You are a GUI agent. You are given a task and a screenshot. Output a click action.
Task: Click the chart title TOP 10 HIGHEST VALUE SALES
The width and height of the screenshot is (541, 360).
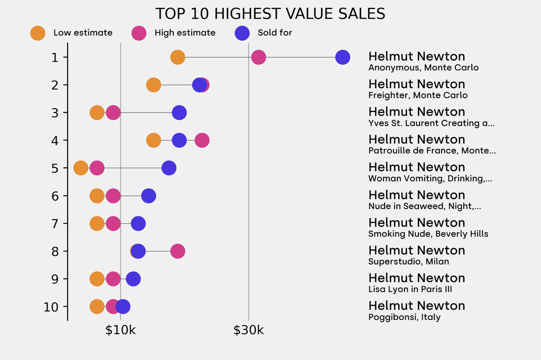tap(270, 14)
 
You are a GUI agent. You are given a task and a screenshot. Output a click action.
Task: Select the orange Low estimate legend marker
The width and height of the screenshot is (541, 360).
tap(38, 33)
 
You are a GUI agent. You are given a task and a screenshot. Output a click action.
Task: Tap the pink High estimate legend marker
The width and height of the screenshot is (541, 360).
tap(139, 33)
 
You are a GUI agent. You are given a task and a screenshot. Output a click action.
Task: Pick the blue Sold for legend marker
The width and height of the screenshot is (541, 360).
tap(241, 33)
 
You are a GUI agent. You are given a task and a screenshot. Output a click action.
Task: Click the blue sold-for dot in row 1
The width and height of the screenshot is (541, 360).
tap(342, 57)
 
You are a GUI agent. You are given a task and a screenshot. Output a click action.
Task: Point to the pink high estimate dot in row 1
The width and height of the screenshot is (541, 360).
tap(258, 57)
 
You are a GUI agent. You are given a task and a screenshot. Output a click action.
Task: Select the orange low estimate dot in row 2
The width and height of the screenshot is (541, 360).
tap(153, 85)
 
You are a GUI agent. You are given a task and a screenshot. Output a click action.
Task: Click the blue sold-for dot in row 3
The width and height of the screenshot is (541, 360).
tap(179, 112)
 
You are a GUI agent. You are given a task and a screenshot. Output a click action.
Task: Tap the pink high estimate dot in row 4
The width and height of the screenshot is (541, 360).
tap(202, 140)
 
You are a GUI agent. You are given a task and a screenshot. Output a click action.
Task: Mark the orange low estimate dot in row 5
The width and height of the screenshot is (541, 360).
tap(80, 168)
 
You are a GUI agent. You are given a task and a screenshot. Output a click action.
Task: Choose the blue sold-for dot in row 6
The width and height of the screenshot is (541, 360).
tap(148, 196)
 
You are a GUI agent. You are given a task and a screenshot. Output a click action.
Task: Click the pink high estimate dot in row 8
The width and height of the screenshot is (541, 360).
tap(178, 251)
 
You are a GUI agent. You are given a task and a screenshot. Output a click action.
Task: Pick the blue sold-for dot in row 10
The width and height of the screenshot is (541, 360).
tap(123, 307)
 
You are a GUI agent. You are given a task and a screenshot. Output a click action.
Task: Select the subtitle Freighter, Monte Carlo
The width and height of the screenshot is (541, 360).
tap(418, 96)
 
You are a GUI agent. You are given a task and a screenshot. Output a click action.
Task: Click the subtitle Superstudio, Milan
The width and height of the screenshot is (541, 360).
tap(408, 261)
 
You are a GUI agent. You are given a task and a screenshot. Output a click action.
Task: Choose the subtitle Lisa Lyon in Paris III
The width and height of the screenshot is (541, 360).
tap(410, 289)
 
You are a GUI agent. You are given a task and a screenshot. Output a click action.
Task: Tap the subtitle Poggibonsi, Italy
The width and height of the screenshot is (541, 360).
tap(404, 317)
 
